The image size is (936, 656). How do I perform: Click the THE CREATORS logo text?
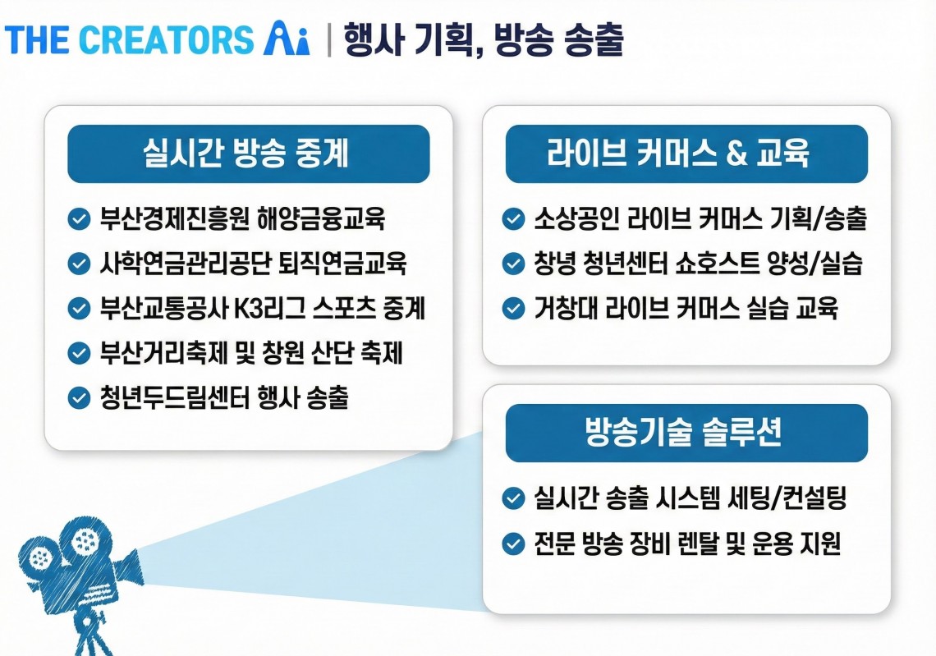pyautogui.click(x=130, y=40)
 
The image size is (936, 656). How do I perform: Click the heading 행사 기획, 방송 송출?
pyautogui.click(x=484, y=40)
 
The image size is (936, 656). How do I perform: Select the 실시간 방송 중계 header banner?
pyautogui.click(x=248, y=154)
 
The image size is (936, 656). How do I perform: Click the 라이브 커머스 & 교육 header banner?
pyautogui.click(x=686, y=154)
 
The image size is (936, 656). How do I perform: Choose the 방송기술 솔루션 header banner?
pyautogui.click(x=686, y=433)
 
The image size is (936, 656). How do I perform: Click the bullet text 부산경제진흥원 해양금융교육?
pyautogui.click(x=242, y=218)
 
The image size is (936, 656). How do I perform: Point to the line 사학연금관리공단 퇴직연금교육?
pyautogui.click(x=253, y=264)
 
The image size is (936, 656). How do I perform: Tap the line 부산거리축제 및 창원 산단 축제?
pyautogui.click(x=251, y=353)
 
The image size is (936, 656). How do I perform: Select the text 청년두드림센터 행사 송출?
pyautogui.click(x=224, y=397)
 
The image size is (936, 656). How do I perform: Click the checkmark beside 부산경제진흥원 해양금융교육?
pyautogui.click(x=79, y=218)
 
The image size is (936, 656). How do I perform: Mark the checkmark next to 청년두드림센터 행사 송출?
pyautogui.click(x=79, y=397)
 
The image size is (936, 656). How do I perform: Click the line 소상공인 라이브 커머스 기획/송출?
pyautogui.click(x=700, y=218)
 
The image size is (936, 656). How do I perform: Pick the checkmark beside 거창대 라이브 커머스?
pyautogui.click(x=513, y=309)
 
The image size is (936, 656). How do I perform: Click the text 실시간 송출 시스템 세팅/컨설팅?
pyautogui.click(x=690, y=498)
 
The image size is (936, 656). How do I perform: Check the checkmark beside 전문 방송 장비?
pyautogui.click(x=513, y=544)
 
